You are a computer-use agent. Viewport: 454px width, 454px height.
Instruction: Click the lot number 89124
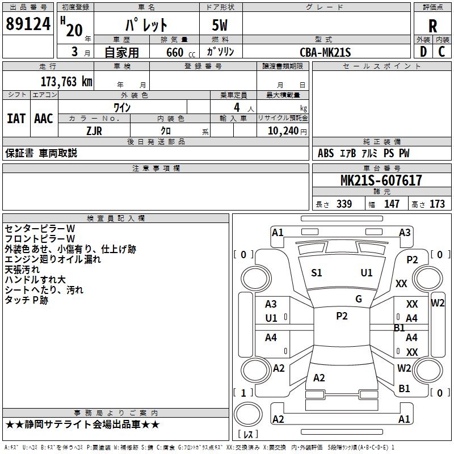pyautogui.click(x=27, y=24)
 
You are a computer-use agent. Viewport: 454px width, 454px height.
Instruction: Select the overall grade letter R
pyautogui.click(x=432, y=26)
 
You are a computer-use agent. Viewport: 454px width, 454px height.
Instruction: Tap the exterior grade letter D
pyautogui.click(x=423, y=52)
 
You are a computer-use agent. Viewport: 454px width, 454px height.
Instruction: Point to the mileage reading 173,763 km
pyautogui.click(x=66, y=81)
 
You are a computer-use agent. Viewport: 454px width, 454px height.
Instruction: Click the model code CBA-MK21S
pyautogui.click(x=325, y=52)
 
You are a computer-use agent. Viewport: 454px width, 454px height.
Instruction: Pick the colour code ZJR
pyautogui.click(x=94, y=130)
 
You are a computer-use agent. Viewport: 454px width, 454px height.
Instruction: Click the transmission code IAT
pyautogui.click(x=16, y=119)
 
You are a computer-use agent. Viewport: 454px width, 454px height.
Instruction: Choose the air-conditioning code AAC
pyautogui.click(x=43, y=119)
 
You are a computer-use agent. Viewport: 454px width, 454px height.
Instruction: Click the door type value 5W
pyautogui.click(x=220, y=26)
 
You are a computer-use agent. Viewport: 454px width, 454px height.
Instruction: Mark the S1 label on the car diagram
pyautogui.click(x=317, y=273)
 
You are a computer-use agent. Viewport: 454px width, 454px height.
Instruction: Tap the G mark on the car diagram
pyautogui.click(x=359, y=299)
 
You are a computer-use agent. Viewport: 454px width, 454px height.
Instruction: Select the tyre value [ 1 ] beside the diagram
pyautogui.click(x=243, y=393)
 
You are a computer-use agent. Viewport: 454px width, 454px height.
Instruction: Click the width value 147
pyautogui.click(x=392, y=204)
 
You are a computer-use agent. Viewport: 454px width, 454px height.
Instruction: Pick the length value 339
pyautogui.click(x=343, y=204)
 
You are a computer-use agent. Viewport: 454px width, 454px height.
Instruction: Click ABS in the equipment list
pyautogui.click(x=326, y=153)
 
